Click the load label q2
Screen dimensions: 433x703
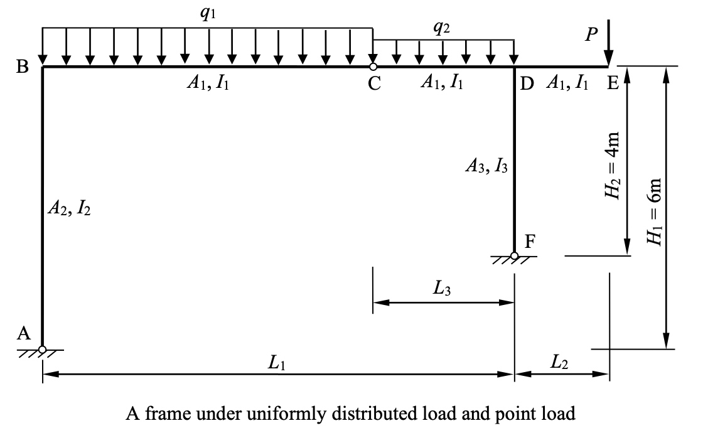pos(442,27)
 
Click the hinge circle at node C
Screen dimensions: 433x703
pos(373,67)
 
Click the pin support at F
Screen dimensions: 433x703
pos(514,256)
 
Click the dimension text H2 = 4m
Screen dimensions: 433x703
pos(613,164)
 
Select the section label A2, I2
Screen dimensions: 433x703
pos(68,209)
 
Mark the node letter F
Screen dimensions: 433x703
pos(529,242)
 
